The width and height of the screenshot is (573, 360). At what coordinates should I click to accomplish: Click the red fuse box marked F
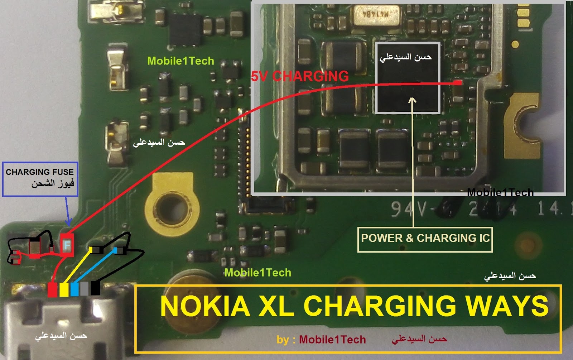click(x=67, y=245)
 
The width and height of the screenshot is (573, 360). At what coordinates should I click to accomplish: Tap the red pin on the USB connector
click(x=52, y=289)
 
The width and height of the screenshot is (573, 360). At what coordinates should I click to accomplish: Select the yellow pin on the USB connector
click(x=64, y=289)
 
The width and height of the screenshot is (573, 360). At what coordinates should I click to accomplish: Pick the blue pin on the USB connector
click(x=74, y=289)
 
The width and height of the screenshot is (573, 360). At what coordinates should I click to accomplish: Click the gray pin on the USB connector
click(x=85, y=289)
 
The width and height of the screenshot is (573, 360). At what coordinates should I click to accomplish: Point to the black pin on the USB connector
click(x=95, y=288)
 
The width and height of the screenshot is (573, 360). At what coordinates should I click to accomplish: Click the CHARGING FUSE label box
click(x=40, y=179)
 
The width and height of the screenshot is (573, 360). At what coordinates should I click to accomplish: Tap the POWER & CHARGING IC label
click(x=425, y=239)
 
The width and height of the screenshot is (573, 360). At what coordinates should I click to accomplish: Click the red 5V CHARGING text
click(x=300, y=76)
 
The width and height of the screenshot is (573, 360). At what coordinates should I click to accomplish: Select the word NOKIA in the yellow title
click(x=205, y=307)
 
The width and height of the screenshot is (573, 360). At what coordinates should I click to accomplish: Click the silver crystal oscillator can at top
click(x=376, y=16)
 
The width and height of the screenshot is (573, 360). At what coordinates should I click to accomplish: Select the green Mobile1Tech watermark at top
click(x=180, y=61)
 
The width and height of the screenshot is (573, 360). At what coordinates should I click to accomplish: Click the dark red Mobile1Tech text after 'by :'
click(x=332, y=340)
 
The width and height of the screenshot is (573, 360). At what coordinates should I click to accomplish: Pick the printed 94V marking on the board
click(x=408, y=209)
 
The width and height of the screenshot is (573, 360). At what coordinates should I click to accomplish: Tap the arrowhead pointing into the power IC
click(x=413, y=100)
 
